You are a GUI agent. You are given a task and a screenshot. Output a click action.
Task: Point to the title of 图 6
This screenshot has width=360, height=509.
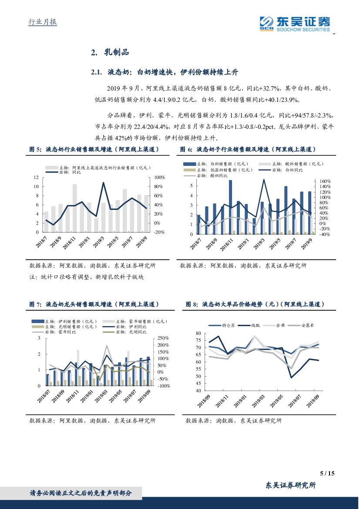point(248,149)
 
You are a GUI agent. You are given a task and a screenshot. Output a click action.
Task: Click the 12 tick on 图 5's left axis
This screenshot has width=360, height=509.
point(37,177)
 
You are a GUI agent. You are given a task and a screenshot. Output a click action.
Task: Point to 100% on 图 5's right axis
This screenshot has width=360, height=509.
point(158,177)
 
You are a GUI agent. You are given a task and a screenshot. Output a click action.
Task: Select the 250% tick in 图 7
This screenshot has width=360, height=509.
point(163,338)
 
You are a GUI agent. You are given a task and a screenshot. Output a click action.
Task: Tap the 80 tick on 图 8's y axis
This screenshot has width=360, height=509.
point(198,334)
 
